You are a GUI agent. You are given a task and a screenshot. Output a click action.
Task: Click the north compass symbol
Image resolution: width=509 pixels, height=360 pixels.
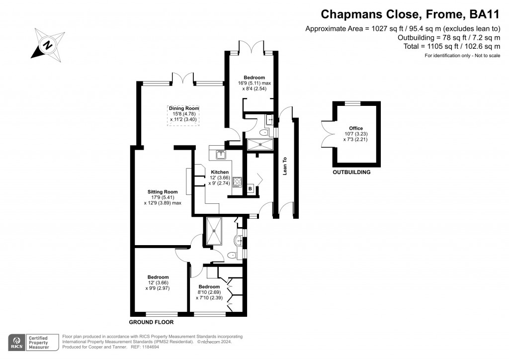pyautogui.click(x=48, y=45)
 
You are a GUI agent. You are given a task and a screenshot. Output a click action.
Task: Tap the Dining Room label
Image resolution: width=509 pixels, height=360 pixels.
pyautogui.click(x=184, y=108)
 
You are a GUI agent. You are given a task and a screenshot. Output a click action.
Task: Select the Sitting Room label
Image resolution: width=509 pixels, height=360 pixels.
pyautogui.click(x=163, y=192)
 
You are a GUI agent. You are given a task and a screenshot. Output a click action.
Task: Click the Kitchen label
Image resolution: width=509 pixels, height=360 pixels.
pyautogui.click(x=220, y=172)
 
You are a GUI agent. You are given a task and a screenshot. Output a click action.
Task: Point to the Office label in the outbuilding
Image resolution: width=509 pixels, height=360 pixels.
pyautogui.click(x=356, y=128)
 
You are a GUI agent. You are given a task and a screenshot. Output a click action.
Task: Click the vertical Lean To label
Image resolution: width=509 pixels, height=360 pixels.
pyautogui.click(x=285, y=166)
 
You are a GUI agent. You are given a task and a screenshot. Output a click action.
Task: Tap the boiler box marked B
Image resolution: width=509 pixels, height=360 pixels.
pyautogui.click(x=251, y=188)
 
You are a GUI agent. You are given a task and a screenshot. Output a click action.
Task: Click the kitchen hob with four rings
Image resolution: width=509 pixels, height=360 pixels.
pyautogui.click(x=237, y=182)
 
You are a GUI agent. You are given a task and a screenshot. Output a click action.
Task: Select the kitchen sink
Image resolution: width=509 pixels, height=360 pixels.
pyautogui.click(x=221, y=155)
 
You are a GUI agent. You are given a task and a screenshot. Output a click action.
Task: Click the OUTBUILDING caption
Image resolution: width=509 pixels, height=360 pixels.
pyautogui.click(x=351, y=172)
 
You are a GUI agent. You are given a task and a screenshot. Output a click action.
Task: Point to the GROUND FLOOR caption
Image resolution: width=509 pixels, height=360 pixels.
pyautogui.click(x=151, y=322)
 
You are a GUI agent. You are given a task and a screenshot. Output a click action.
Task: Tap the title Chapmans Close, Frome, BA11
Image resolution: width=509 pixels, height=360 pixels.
pyautogui.click(x=410, y=14)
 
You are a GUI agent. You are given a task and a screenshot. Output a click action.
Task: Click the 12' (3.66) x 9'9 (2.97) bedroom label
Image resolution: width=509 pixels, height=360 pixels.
pyautogui.click(x=158, y=282)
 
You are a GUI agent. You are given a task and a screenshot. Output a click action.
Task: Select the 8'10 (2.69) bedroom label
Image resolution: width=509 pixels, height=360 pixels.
pyautogui.click(x=209, y=292)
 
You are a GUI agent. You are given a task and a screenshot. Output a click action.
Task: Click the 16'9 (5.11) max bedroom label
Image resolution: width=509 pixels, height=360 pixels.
pyautogui.click(x=254, y=83)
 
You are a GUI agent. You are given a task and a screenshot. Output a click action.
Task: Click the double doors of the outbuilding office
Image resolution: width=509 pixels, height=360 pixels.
pyautogui.click(x=327, y=134)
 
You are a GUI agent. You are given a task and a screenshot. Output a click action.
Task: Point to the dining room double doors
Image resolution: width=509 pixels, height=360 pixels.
pyautogui.click(x=183, y=79)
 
